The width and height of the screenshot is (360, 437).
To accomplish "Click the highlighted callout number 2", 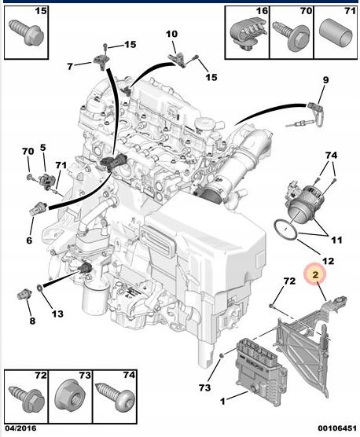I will (x=314, y=274).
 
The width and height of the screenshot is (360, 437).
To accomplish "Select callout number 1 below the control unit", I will (x=222, y=402).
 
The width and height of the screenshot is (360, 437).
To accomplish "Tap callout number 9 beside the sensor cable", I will (x=325, y=79).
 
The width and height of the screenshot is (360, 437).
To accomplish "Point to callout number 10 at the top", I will (x=171, y=35).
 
